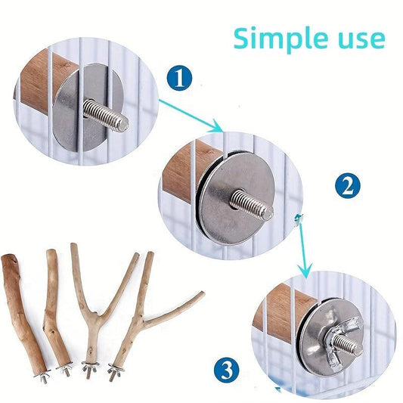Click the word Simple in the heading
pos(281,39)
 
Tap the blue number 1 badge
pos(179,78)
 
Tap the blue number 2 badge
pos(348,185)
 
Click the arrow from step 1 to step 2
pos(191,116)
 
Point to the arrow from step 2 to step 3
pos(302,246)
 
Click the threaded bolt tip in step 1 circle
pos(124,126)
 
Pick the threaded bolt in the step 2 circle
pos(251,203)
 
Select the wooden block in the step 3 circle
pos(283,313)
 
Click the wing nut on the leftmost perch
pos(42,377)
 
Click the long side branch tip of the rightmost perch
pos(203,293)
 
